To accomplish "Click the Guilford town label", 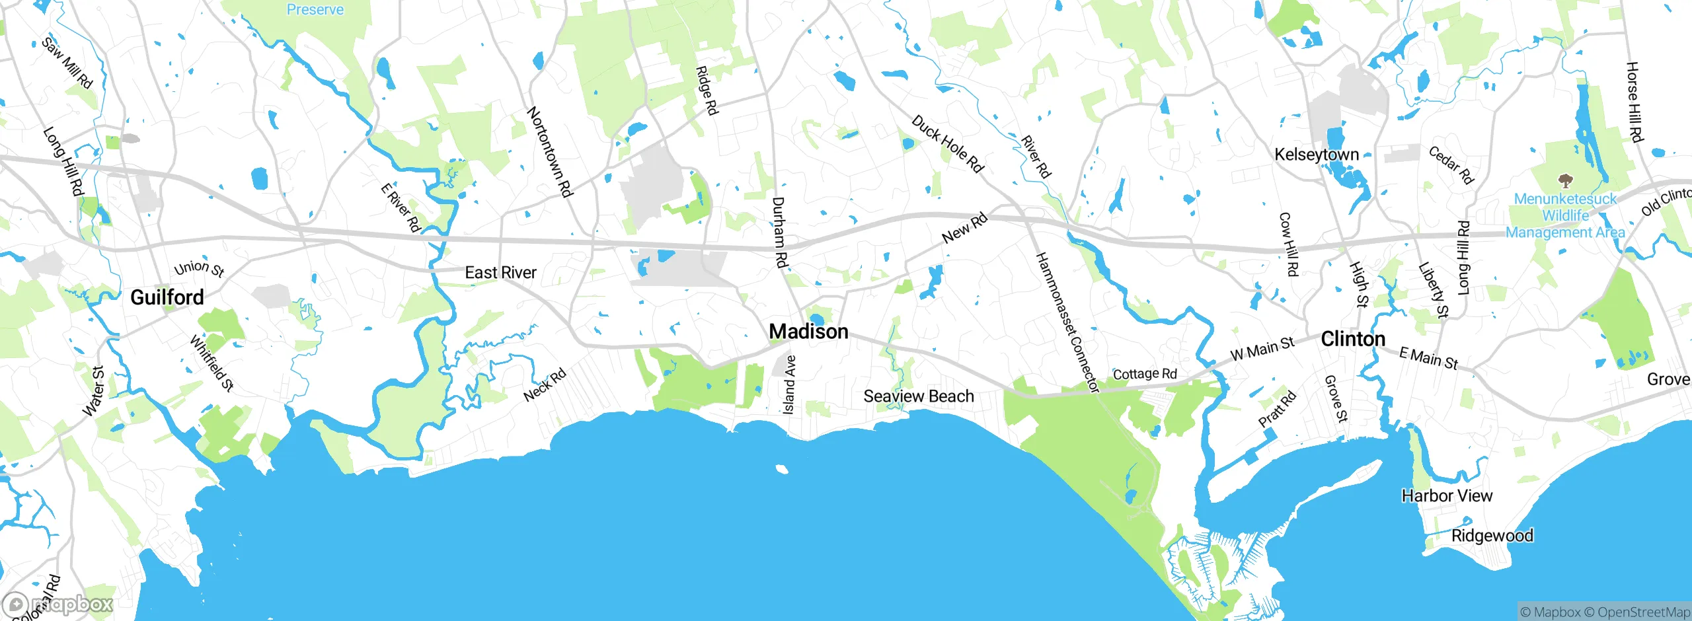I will click(167, 297).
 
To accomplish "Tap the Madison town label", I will click(808, 332).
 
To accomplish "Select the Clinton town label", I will click(1352, 339).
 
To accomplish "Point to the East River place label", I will click(500, 272).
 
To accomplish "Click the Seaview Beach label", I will click(919, 396).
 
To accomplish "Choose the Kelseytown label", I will click(1316, 155).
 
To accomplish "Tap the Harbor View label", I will click(1447, 495).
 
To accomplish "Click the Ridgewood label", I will click(1492, 536).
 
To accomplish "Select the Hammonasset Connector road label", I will click(1066, 322).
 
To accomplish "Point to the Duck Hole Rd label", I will click(947, 143).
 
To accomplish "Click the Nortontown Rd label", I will click(549, 152).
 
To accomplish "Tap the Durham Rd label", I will click(780, 232).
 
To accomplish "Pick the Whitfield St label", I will click(211, 363).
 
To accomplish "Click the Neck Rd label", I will click(545, 385).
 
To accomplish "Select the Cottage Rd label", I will click(1145, 374).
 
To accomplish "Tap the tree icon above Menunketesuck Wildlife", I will click(1564, 180).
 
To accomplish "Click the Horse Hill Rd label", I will click(1634, 102).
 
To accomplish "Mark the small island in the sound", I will click(782, 469).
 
